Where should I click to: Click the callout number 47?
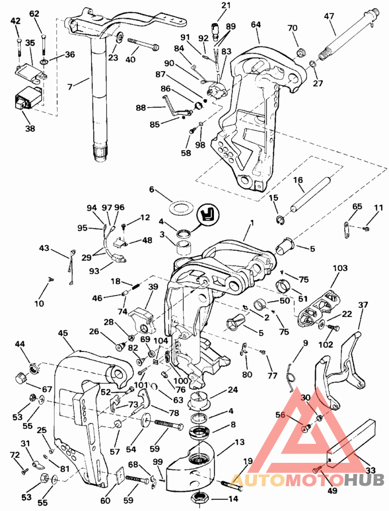[x=329, y=16]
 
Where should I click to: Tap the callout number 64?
[x=256, y=24]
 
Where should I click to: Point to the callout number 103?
[x=340, y=268]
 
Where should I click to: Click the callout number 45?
[x=63, y=333]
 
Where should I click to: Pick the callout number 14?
[x=233, y=499]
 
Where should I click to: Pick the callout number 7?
[x=71, y=87]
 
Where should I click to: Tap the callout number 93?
[x=93, y=270]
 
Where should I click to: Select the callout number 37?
[x=363, y=305]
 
